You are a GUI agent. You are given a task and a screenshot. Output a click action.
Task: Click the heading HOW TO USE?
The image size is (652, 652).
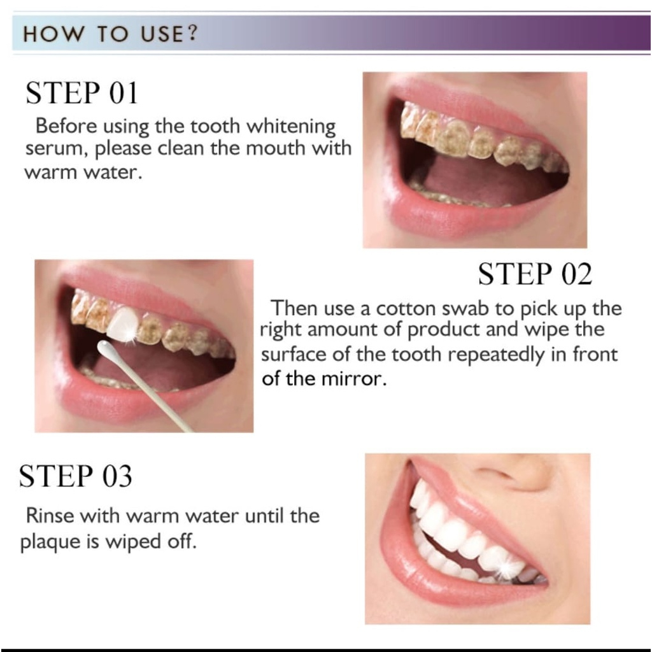(x=110, y=34)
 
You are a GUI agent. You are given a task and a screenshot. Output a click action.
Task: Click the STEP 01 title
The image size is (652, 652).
(x=81, y=93)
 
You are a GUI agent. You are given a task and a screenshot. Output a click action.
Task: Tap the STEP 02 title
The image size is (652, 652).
(x=535, y=274)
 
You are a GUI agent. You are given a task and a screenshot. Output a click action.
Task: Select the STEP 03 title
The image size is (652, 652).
(x=75, y=476)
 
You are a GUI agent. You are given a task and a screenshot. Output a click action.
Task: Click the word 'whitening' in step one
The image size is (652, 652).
(x=291, y=127)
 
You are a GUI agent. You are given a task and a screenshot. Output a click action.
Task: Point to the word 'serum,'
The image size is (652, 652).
(x=57, y=149)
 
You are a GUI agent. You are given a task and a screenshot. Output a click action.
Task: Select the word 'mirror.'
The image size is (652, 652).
(x=353, y=378)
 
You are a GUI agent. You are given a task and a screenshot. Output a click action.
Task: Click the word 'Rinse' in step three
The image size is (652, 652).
(x=50, y=516)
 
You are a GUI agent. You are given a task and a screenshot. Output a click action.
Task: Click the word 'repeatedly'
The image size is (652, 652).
(x=495, y=355)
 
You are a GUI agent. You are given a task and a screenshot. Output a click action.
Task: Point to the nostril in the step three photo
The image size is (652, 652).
(x=493, y=473)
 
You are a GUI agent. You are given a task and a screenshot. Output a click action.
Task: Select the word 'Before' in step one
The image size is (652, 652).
(x=66, y=125)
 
